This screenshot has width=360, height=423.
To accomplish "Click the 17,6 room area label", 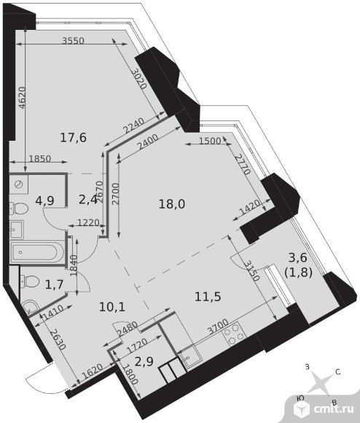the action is tap(73, 138).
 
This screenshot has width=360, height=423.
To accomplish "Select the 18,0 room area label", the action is tap(172, 204).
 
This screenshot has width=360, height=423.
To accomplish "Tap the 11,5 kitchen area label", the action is tap(208, 297).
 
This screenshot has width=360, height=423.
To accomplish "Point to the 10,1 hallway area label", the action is tap(112, 307).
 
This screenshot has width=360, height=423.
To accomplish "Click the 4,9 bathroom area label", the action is tap(44, 201).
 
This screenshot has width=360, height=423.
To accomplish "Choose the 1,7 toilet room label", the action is tap(54, 284).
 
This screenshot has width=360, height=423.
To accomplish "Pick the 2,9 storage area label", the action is tap(144, 362).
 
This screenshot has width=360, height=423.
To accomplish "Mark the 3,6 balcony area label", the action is tap(297, 257).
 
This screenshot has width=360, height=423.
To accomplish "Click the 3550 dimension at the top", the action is tap(73, 40).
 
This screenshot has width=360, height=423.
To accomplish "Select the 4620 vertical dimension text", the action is tap(23, 98).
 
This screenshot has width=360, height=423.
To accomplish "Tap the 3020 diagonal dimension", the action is tap(140, 79).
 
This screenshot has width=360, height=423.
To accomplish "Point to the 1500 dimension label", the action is tap(210, 141).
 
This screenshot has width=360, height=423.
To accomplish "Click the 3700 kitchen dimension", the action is tap(218, 327).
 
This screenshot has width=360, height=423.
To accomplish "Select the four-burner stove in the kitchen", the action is tap(234, 334).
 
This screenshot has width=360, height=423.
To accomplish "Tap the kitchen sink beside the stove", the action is tap(190, 356).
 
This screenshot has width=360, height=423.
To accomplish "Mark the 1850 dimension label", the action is tap(39, 159).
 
